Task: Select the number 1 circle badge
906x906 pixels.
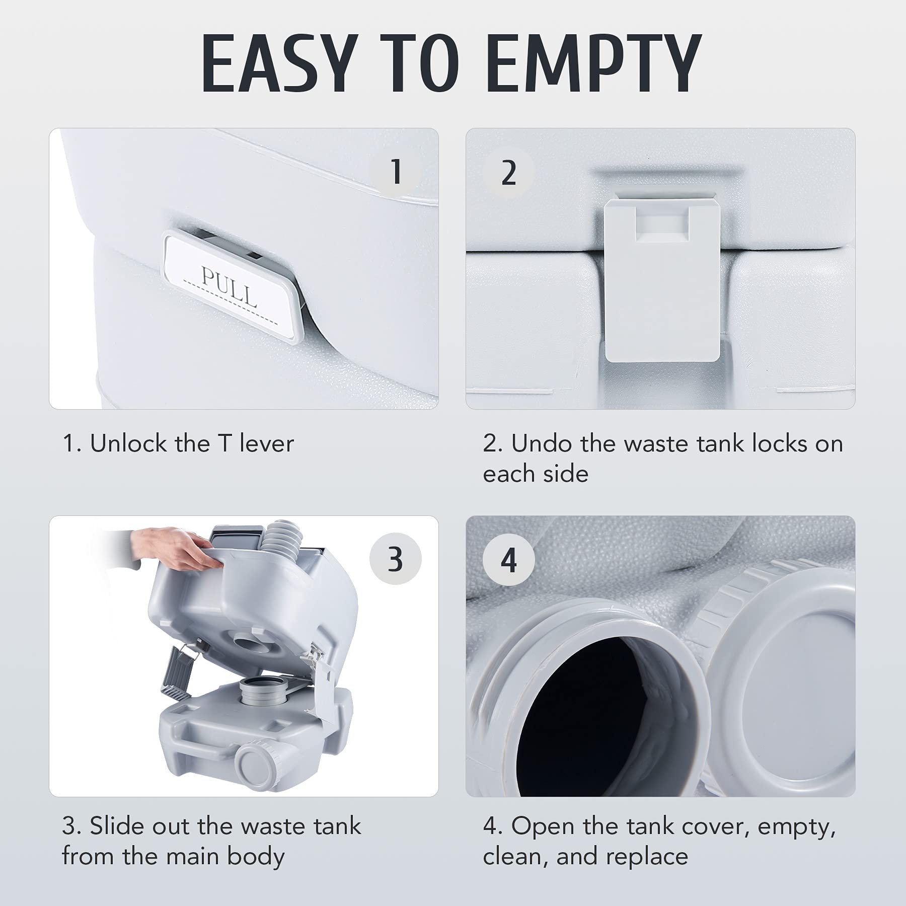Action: (x=396, y=172)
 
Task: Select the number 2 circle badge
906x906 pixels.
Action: (x=508, y=173)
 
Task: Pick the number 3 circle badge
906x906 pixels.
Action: (x=396, y=559)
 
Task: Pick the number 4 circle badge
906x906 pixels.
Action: (x=508, y=560)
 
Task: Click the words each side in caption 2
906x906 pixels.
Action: (x=536, y=474)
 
